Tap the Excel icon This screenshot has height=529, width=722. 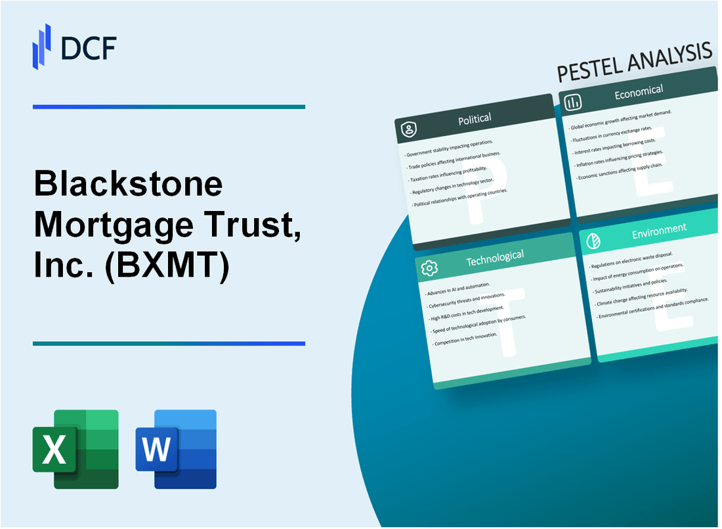coord(75,449)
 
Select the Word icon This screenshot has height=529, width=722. coord(176,449)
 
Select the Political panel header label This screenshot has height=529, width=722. coord(475,118)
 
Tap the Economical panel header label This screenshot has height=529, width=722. coord(638,92)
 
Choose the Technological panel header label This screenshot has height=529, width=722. coord(494,258)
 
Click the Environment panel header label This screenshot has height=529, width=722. coord(658,229)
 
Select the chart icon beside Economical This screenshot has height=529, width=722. coord(573,102)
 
